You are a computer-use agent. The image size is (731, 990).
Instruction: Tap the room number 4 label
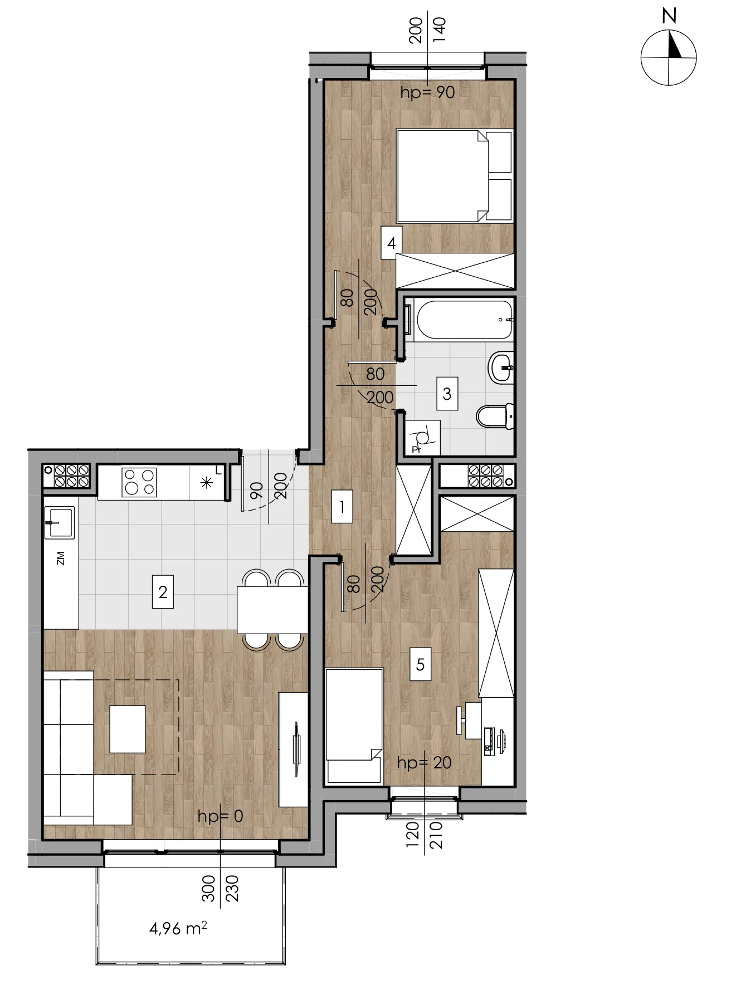[392, 243]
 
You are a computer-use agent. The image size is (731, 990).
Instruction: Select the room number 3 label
[447, 394]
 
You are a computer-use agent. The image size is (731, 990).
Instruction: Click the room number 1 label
[342, 506]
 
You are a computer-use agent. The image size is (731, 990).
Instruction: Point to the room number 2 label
[163, 591]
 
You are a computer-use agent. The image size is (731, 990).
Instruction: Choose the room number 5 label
[421, 664]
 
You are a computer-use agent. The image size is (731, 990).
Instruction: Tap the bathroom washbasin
[501, 367]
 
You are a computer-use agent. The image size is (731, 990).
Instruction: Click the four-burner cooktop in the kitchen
[139, 482]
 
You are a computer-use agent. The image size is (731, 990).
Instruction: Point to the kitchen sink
[59, 523]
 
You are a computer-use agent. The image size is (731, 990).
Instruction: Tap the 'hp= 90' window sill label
[427, 92]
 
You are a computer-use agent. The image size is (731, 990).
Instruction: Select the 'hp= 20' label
[424, 762]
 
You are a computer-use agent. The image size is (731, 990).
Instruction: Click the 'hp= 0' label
[221, 816]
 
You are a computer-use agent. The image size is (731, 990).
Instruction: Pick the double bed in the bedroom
[454, 176]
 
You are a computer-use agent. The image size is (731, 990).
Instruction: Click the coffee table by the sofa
[128, 729]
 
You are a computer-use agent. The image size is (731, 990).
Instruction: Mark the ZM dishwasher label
[60, 558]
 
